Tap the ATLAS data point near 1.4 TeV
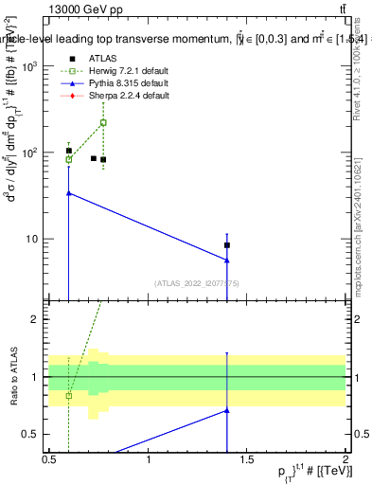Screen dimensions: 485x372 [x=227, y=245]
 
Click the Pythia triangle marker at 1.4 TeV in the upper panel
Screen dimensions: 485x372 [x=227, y=260]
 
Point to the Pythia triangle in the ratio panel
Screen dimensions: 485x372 [x=227, y=410]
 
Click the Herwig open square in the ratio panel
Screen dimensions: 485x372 [x=69, y=395]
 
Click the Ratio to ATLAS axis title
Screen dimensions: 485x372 [x=11, y=377]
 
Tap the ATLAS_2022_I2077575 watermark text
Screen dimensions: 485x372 [x=197, y=281]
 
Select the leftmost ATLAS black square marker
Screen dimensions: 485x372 [x=69, y=151]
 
